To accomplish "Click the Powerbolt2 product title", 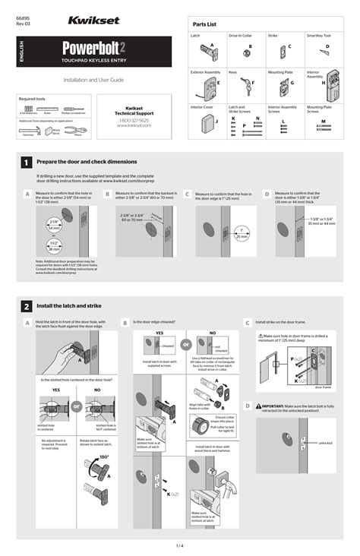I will [93, 49].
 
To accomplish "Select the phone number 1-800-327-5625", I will [134, 121].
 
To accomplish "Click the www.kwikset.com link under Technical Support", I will [134, 126].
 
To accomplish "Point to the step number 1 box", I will [27, 162].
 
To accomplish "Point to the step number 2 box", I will [27, 305].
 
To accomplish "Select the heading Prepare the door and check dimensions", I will [87, 162].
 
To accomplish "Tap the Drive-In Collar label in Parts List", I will [240, 36].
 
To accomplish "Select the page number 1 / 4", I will [180, 545].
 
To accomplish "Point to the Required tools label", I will [31, 99].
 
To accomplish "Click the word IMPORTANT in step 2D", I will [274, 406].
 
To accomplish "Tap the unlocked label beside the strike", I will [326, 443].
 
